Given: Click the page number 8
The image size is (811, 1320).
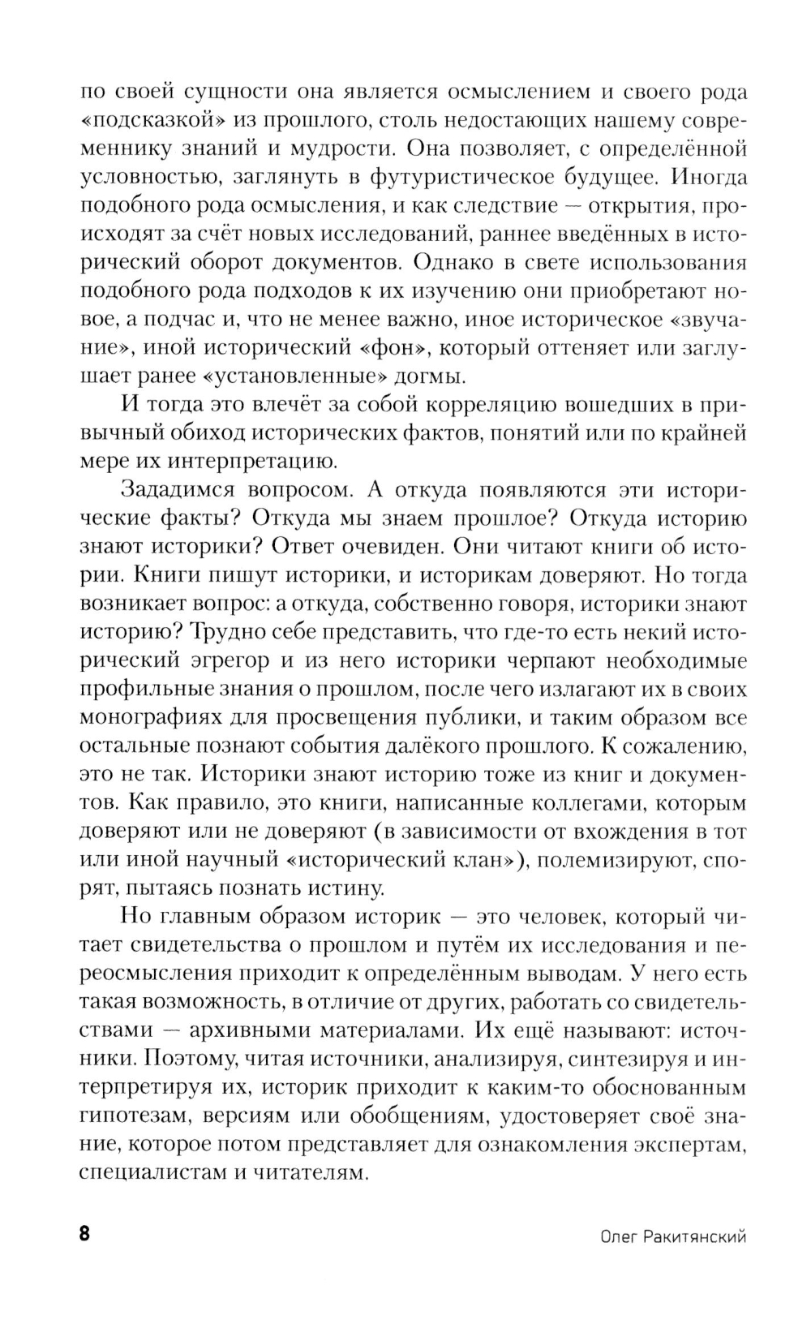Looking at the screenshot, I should pyautogui.click(x=85, y=1236).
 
